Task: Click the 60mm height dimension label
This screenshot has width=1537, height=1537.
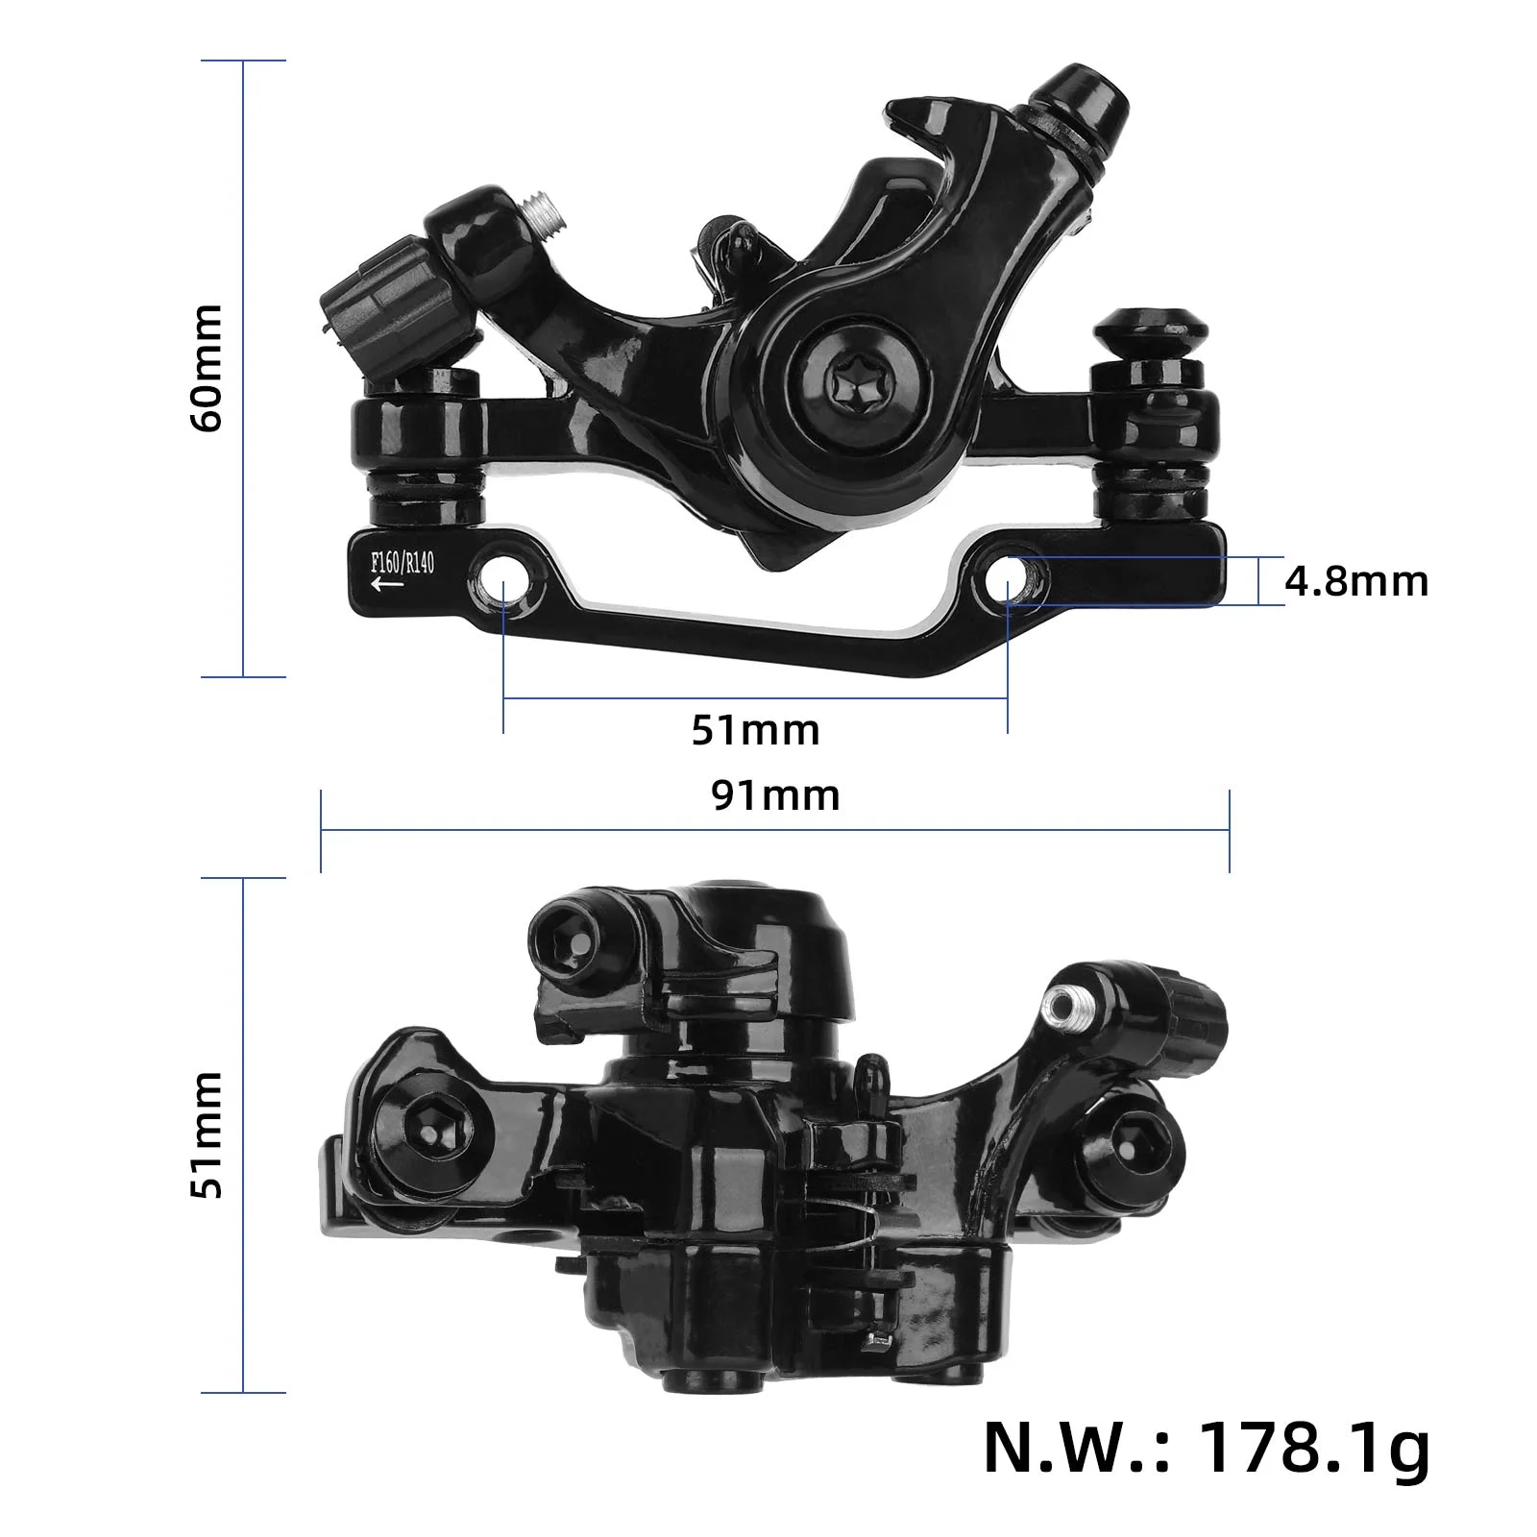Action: [207, 369]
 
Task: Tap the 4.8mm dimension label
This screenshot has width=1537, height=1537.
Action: [1355, 582]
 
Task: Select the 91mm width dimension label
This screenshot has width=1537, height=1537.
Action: [775, 795]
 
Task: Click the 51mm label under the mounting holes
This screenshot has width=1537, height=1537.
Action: [755, 730]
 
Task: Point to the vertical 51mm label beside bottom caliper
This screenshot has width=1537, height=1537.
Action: [207, 1134]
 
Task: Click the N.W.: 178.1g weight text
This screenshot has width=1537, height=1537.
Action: [1206, 1449]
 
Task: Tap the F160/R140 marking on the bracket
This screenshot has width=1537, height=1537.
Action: [403, 562]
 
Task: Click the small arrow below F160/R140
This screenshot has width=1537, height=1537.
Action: [386, 584]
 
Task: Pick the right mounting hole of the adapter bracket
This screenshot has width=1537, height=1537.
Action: [1008, 580]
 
